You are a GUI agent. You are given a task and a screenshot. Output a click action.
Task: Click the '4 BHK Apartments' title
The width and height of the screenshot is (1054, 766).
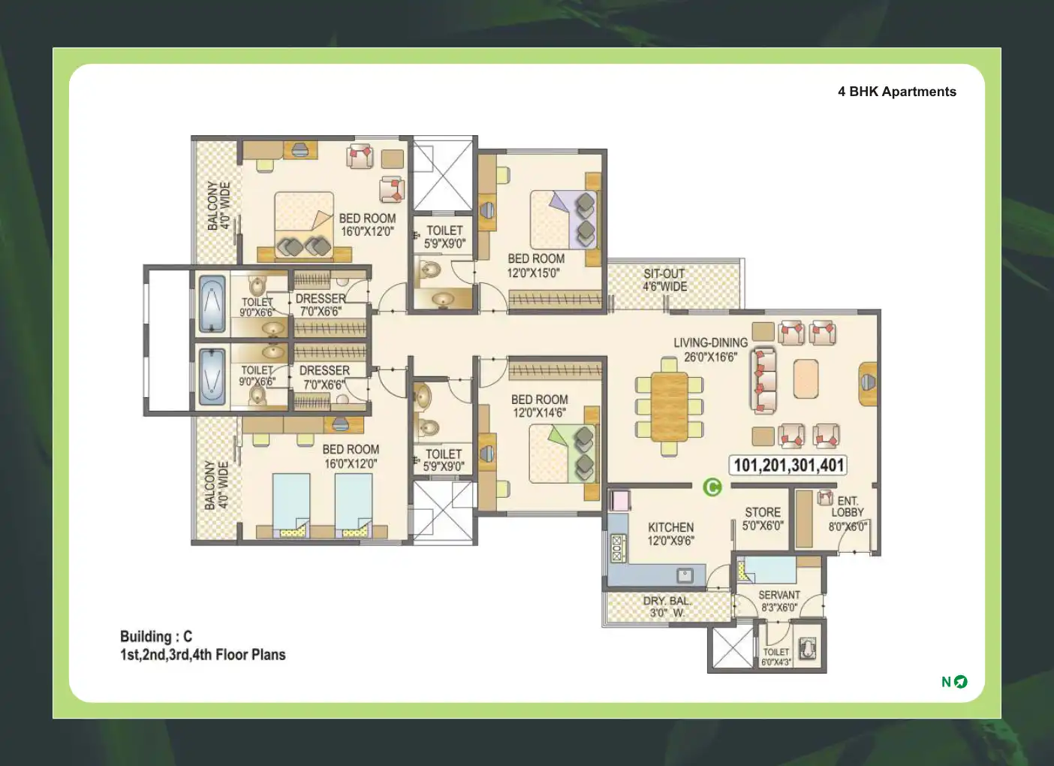click(897, 92)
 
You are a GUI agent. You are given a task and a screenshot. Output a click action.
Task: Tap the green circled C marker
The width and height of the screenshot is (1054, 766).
click(712, 487)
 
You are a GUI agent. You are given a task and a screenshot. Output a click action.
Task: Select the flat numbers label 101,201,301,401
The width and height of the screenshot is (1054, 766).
click(788, 465)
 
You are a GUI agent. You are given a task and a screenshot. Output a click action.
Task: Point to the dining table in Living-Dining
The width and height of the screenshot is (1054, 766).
click(669, 407)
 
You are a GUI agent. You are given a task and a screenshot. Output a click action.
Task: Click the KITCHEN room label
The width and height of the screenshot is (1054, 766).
click(670, 527)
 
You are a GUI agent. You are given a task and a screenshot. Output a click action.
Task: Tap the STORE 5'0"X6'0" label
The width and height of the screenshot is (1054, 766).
click(763, 519)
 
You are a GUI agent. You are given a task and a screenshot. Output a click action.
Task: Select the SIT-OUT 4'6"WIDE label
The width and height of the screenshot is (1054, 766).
click(665, 279)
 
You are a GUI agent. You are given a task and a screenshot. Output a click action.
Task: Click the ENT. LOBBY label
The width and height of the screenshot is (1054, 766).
click(848, 507)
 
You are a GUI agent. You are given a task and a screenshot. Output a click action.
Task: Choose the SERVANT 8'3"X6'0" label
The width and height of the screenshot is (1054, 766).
click(779, 602)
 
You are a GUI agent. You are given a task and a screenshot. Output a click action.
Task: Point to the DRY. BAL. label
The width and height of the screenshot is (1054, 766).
click(667, 602)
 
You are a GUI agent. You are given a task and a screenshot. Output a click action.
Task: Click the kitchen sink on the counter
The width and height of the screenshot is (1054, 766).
click(685, 575)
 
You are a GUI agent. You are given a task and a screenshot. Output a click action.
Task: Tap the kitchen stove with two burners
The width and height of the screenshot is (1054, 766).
click(617, 548)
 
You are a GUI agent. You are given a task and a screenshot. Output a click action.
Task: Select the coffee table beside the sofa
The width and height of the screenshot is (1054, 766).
click(806, 379)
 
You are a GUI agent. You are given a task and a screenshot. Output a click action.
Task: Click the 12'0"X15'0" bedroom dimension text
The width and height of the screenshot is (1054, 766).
click(533, 273)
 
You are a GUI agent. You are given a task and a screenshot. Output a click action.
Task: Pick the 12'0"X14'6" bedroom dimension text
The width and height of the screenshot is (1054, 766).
click(539, 413)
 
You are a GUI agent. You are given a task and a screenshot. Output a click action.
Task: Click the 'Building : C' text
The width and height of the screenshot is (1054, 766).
click(156, 637)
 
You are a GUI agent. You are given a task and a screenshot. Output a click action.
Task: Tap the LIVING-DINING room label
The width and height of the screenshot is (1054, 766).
click(710, 342)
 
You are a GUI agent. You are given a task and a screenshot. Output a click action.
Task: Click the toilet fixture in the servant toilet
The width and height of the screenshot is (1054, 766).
click(809, 648)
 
